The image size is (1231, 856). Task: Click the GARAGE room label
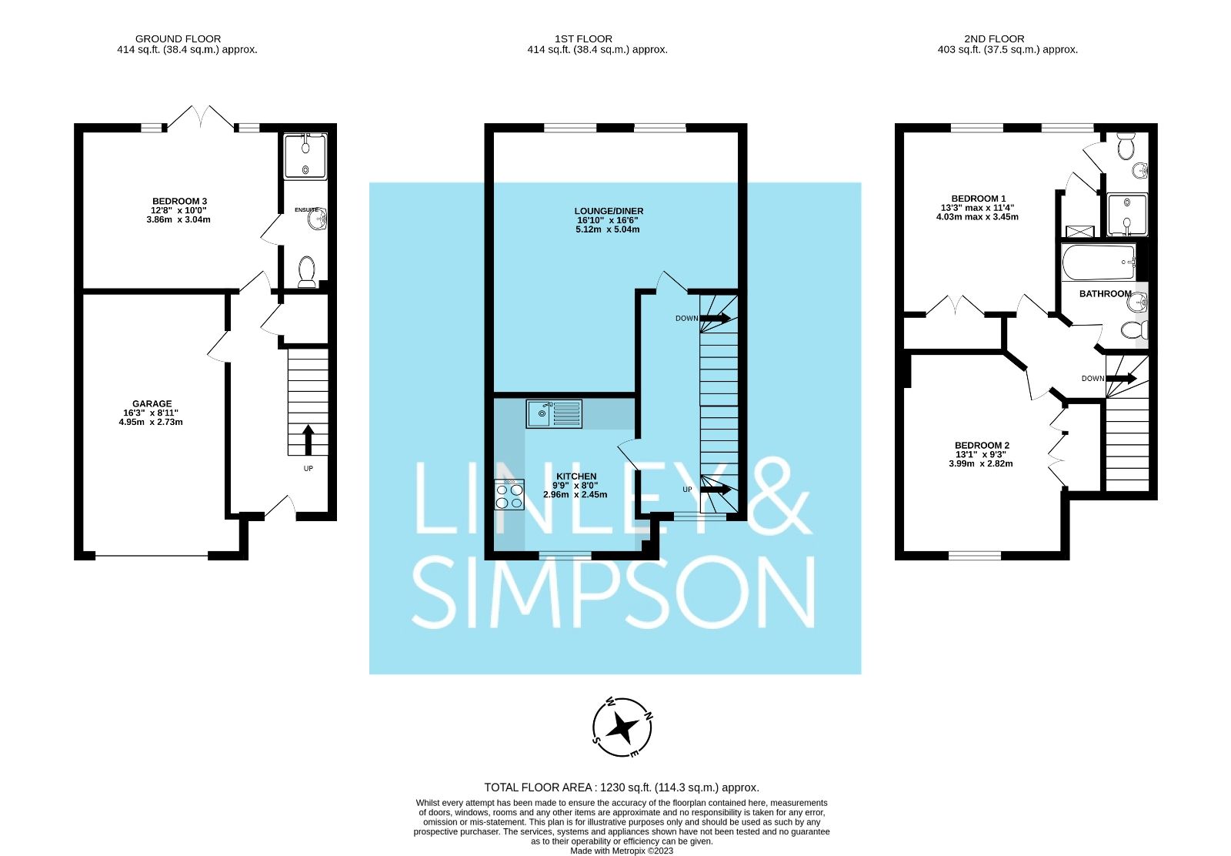[152, 403]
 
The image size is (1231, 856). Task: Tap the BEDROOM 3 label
[178, 202]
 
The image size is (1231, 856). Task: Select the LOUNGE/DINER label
[609, 211]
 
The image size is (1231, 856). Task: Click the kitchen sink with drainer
[554, 414]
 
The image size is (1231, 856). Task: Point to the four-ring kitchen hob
[509, 494]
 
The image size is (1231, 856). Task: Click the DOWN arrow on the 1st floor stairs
[715, 318]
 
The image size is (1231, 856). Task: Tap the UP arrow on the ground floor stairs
[308, 440]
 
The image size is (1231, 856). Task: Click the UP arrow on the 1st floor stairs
[715, 489]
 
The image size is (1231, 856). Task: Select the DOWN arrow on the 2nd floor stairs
[1121, 378]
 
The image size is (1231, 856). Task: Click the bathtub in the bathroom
[1099, 263]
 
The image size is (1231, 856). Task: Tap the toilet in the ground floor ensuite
[305, 272]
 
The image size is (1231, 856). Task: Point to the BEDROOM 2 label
[982, 445]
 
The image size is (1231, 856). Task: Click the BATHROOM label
[1105, 293]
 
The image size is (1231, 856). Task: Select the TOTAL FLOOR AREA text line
[621, 787]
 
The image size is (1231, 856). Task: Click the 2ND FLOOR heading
[994, 38]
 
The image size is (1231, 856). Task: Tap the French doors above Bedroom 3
[200, 117]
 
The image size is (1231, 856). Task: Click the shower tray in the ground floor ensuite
[305, 157]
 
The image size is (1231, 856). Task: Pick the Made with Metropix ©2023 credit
[621, 851]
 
